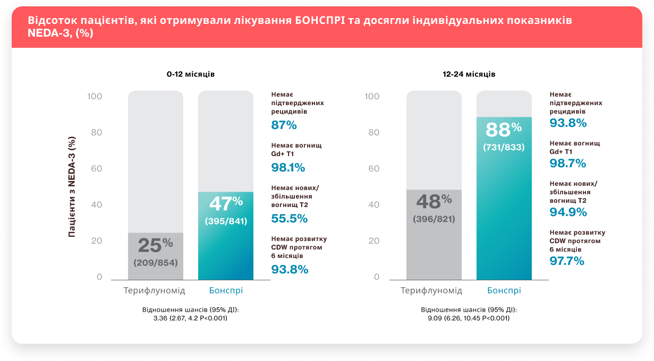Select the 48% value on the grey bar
(434, 202)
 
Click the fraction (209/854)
(156, 263)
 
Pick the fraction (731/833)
(504, 147)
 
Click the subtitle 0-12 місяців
(190, 74)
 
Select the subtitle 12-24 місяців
(469, 74)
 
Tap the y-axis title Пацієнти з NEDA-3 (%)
(72, 186)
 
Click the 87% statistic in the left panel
(284, 125)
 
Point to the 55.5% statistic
(289, 218)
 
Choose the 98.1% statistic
(288, 168)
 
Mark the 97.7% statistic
(567, 261)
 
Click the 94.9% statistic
(568, 212)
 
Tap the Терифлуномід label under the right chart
(431, 291)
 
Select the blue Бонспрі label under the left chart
(226, 291)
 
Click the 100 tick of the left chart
(95, 97)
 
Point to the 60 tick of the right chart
(373, 169)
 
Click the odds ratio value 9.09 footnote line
(469, 318)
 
